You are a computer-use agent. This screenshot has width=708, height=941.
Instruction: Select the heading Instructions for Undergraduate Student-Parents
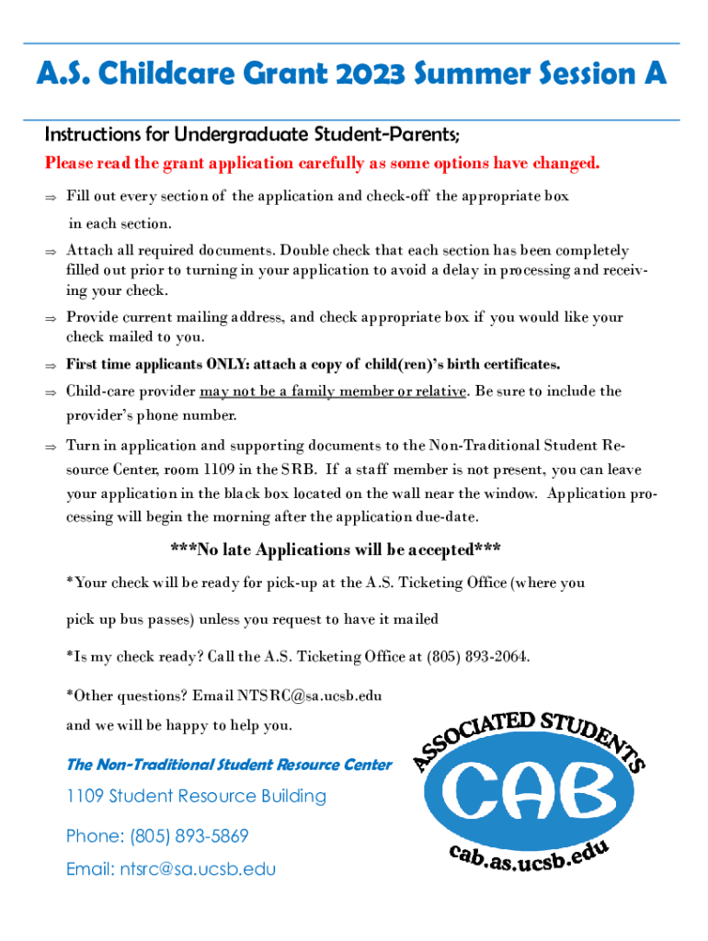coord(252,135)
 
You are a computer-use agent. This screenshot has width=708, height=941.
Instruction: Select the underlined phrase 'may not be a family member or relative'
coord(332,391)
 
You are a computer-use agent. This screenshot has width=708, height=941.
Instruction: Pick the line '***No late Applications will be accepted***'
coord(336,550)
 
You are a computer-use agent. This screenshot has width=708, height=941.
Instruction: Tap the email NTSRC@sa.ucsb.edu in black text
coord(310,696)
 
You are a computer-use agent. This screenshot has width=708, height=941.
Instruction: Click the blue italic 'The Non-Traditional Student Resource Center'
coord(229,765)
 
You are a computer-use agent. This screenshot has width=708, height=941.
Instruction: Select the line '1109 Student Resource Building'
coord(196,796)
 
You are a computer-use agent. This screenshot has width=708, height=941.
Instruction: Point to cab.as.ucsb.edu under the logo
coord(529,861)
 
